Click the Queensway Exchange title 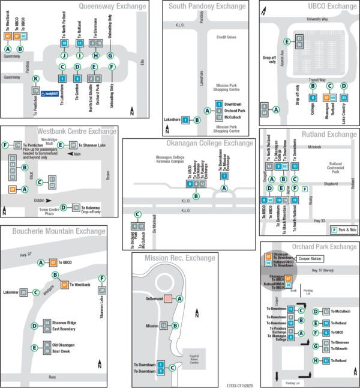point(113,7)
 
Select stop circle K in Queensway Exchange point(36,79)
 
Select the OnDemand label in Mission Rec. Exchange point(154,299)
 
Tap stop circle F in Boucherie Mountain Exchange point(102,278)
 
